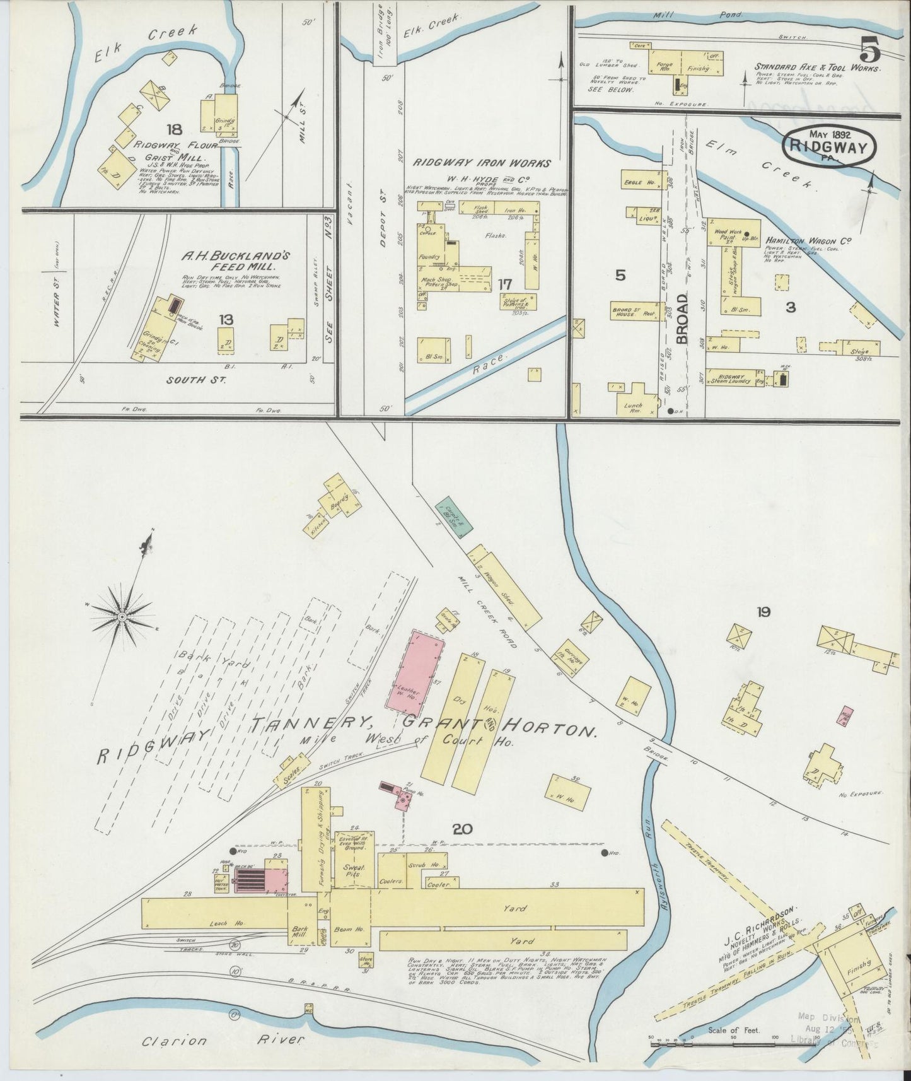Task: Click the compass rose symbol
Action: click(122, 615)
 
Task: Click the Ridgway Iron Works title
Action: click(482, 163)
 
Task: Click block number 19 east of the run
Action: click(763, 611)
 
